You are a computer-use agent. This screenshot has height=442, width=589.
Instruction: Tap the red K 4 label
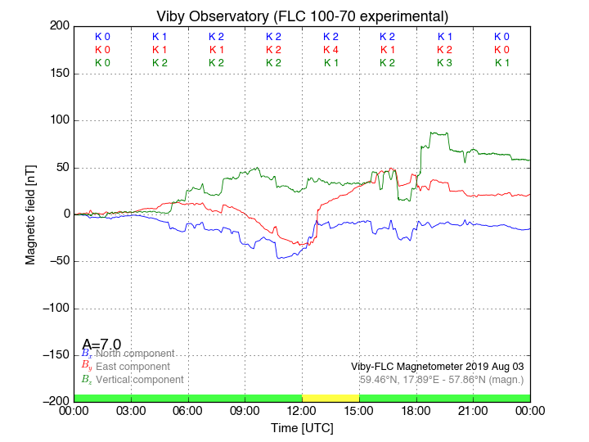[x=330, y=50]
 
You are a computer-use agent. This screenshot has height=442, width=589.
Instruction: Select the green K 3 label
[x=444, y=63]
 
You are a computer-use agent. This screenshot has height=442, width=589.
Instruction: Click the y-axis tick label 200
[x=58, y=26]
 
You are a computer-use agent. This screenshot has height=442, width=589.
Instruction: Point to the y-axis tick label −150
[x=54, y=355]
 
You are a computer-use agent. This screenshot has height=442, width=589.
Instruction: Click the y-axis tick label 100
[x=58, y=120]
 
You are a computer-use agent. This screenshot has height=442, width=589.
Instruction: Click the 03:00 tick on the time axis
[x=131, y=410]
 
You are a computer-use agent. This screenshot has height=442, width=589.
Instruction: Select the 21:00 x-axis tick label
[x=473, y=410]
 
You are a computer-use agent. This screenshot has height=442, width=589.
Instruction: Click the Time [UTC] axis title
[x=302, y=428]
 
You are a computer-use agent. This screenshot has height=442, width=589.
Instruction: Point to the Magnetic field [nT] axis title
[x=30, y=214]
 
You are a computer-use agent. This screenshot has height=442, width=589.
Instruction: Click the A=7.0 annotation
[x=101, y=345]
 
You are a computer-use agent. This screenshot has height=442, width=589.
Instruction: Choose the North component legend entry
[x=131, y=354]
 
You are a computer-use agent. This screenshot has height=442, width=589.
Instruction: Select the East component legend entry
[x=131, y=367]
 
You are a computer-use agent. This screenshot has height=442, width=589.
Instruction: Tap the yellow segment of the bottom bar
[x=330, y=398]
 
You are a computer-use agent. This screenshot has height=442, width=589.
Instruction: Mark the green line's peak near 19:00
[x=434, y=133]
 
